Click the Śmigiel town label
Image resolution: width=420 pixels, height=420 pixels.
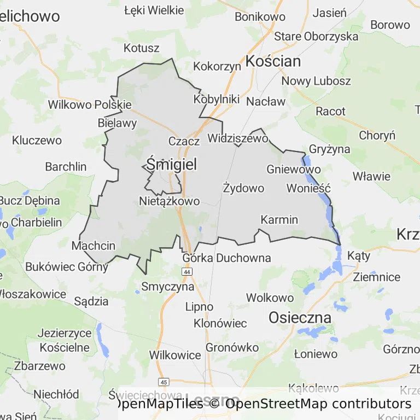click(x=172, y=164)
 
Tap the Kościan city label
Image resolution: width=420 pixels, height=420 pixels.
click(x=273, y=61)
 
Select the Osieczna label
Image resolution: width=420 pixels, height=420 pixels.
click(x=300, y=317)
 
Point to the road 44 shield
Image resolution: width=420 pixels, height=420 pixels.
click(x=188, y=272)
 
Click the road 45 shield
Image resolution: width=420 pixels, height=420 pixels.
click(x=164, y=381)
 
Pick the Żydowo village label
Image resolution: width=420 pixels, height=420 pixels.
click(x=243, y=188)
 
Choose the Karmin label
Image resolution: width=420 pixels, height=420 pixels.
click(x=279, y=220)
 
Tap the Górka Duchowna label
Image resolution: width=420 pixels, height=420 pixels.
click(x=226, y=258)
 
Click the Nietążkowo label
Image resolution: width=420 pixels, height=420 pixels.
click(x=169, y=201)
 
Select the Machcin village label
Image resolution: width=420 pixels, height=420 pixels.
click(x=94, y=246)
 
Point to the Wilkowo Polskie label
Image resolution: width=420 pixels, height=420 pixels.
click(x=90, y=104)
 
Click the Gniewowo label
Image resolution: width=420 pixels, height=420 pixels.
click(x=293, y=170)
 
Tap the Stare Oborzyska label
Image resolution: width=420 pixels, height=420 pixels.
click(x=316, y=37)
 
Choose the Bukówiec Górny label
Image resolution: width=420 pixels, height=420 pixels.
click(x=67, y=267)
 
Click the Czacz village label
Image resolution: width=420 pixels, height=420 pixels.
click(x=184, y=141)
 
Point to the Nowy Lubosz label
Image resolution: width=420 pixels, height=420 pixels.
click(x=316, y=81)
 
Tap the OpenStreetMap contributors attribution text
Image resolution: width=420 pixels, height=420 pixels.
click(x=317, y=404)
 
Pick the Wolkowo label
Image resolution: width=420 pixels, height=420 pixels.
click(x=270, y=298)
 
